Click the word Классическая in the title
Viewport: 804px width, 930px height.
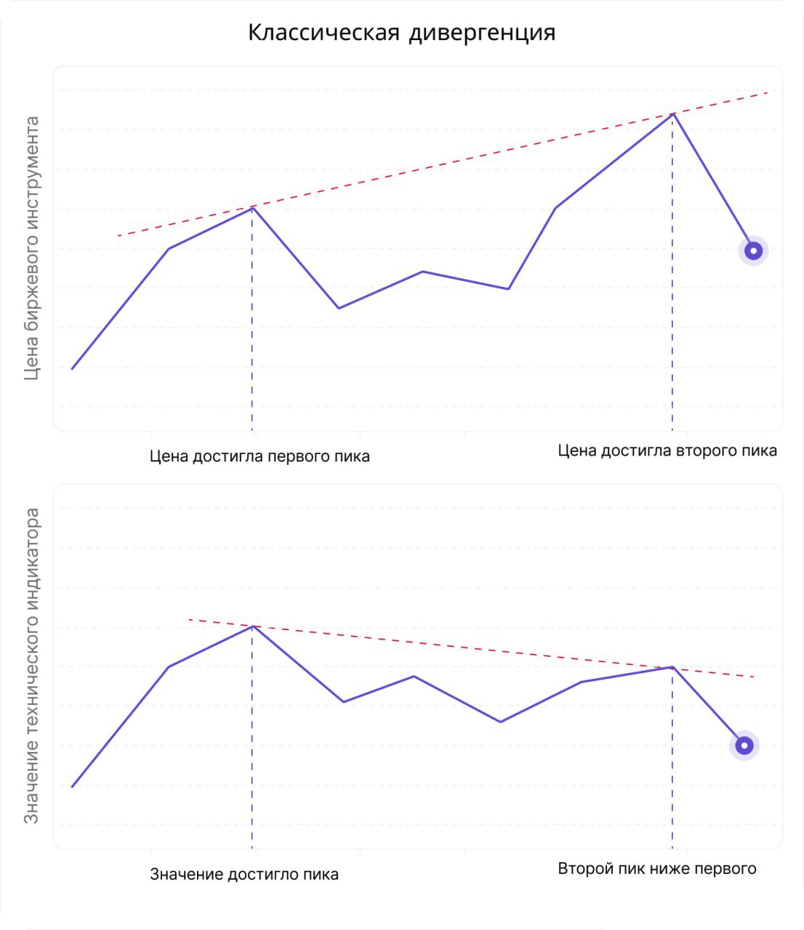(323, 33)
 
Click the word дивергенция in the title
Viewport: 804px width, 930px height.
(482, 33)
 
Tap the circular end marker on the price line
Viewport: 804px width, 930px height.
(754, 251)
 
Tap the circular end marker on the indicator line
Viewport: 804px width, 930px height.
(744, 745)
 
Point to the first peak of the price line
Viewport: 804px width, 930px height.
(252, 208)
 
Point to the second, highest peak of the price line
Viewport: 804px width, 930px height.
(673, 114)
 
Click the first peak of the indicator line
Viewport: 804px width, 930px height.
(252, 626)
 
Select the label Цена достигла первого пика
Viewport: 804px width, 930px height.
(260, 457)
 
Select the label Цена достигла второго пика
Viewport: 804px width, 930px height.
(667, 450)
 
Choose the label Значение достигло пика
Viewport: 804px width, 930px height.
(244, 874)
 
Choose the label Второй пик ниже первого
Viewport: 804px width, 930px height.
(657, 868)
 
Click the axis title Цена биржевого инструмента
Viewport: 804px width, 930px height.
(31, 248)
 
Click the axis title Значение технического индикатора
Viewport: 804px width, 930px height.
(31, 666)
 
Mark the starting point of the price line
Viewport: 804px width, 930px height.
(72, 369)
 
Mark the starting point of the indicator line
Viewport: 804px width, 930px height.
(72, 787)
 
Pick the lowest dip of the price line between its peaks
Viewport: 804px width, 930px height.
(339, 308)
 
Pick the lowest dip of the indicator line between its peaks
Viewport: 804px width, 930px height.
(500, 721)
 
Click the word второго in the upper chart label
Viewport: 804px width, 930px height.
(702, 450)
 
